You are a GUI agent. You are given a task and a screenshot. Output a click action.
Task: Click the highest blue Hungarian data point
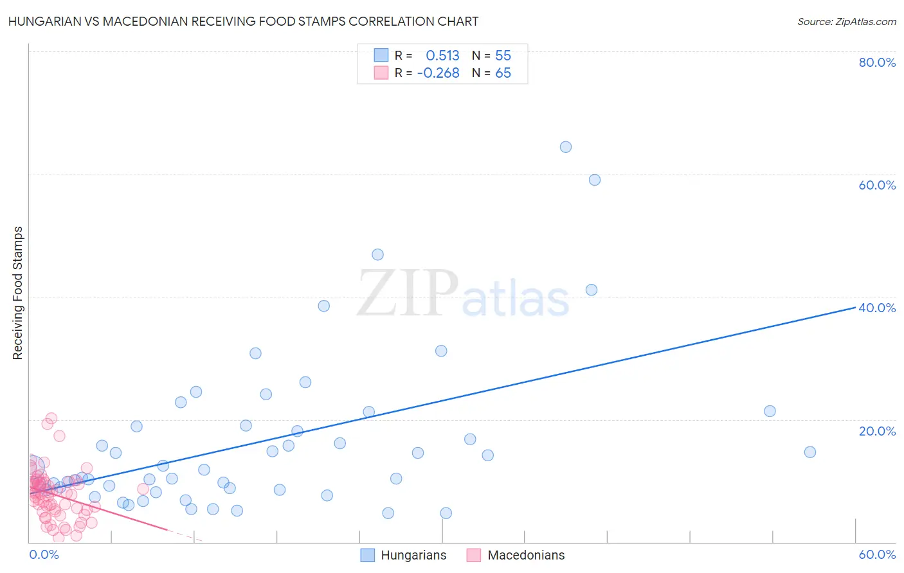[x=566, y=147]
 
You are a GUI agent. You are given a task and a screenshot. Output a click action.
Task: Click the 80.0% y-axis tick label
[x=877, y=62]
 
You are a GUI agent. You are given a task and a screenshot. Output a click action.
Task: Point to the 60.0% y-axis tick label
[x=877, y=185]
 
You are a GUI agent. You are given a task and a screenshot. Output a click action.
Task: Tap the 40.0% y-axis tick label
[x=877, y=308]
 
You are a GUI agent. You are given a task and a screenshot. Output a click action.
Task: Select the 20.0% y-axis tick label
[x=877, y=431]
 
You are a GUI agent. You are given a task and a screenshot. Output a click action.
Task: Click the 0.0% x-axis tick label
[x=44, y=554]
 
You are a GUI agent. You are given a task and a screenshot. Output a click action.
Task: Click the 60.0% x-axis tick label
[x=877, y=554]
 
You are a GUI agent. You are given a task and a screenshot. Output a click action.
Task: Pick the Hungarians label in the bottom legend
[x=413, y=555]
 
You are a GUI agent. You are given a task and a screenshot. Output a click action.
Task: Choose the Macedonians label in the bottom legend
[x=526, y=555]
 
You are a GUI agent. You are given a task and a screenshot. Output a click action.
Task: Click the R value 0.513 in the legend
[x=442, y=56]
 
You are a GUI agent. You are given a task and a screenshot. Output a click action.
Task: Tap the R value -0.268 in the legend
[x=438, y=73]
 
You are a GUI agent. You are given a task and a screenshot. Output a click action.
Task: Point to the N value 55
[x=503, y=56]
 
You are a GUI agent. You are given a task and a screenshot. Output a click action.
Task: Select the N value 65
[x=503, y=73]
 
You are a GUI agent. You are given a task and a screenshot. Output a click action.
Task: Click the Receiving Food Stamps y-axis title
[x=18, y=293]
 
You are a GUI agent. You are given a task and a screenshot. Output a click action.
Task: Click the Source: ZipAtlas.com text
[x=846, y=22]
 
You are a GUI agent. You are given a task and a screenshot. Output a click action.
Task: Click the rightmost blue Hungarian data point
[x=810, y=452]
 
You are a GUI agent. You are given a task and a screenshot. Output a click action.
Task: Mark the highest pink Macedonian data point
[x=51, y=418]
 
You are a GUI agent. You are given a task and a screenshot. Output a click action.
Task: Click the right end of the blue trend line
[x=855, y=308]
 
